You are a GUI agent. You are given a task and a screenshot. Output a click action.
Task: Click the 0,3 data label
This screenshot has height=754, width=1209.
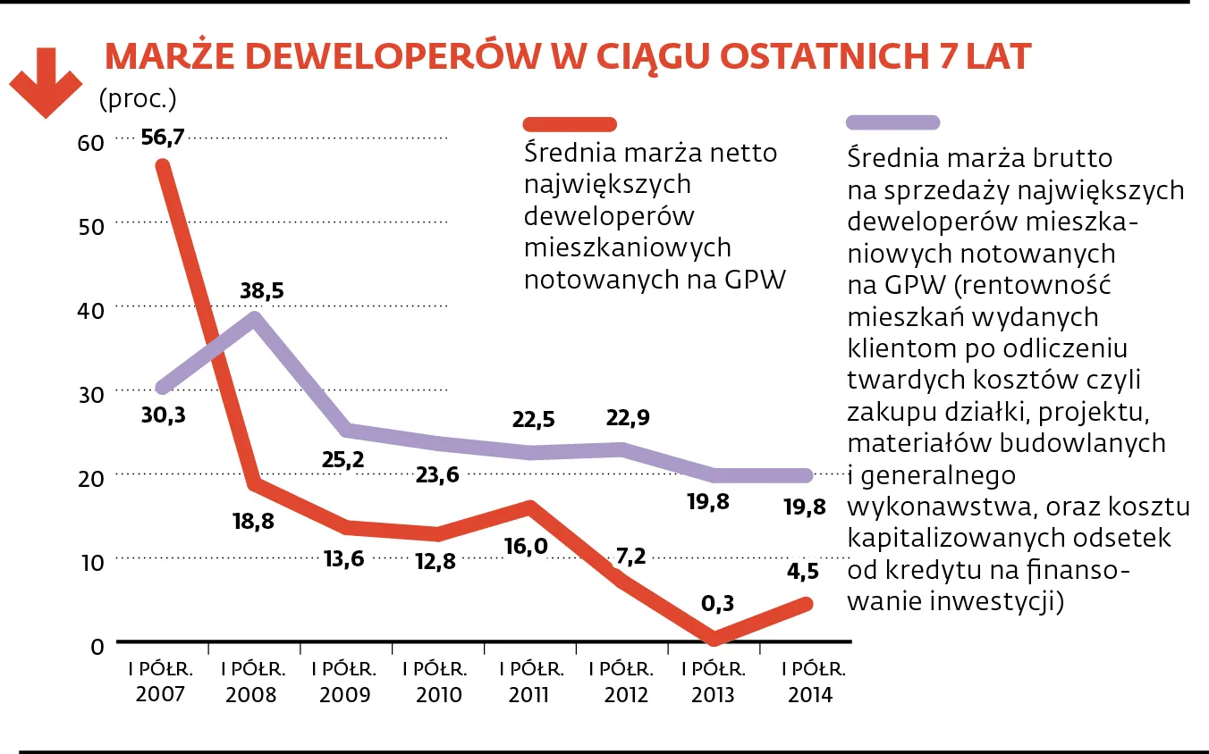[715, 604]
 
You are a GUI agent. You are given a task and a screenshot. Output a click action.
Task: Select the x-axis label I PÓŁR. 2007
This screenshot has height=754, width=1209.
[162, 682]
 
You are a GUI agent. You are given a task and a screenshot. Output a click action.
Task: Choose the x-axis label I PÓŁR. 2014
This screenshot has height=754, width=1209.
[810, 682]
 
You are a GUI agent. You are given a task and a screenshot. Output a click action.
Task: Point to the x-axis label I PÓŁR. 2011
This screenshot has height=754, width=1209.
[531, 682]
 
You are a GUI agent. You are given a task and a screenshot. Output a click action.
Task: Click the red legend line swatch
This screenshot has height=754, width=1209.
[571, 124]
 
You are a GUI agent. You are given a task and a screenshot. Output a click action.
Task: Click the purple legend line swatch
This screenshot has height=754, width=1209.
[892, 122]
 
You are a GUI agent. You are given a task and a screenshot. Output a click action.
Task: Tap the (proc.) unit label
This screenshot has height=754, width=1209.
[138, 97]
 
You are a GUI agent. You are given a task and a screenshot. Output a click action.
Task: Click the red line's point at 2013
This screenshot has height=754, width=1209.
[714, 638]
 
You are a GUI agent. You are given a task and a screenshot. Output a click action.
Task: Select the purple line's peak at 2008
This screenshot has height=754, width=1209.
[256, 319]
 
